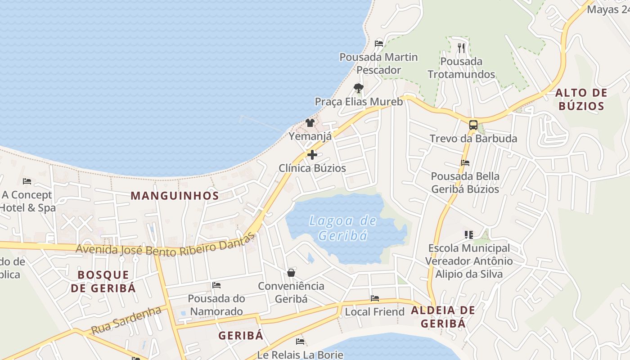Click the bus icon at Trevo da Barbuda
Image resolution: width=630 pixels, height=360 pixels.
[473, 125]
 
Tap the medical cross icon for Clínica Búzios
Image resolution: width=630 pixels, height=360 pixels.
[312, 155]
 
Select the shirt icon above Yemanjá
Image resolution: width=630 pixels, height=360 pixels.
[310, 122]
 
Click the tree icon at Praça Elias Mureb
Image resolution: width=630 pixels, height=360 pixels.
[358, 88]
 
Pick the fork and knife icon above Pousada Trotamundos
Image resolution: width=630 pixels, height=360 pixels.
[461, 48]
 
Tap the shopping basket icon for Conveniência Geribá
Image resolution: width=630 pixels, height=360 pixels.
[291, 273]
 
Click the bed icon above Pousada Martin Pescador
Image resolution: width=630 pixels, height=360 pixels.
[379, 44]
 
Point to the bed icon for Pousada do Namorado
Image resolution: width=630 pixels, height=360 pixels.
[216, 285]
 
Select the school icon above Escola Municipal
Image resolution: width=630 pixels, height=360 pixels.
[469, 234]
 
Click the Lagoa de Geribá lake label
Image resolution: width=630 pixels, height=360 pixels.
[343, 228]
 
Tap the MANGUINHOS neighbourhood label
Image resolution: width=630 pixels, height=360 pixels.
[175, 196]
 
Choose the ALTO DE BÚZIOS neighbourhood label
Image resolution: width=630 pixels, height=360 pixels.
[581, 99]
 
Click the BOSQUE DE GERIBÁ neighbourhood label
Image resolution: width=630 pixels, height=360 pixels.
[103, 281]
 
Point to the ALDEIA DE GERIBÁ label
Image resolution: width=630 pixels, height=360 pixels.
[443, 317]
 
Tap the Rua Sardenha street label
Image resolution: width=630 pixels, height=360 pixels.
[126, 320]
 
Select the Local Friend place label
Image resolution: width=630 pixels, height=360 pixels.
[374, 312]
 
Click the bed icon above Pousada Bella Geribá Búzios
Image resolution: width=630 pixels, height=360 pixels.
[465, 162]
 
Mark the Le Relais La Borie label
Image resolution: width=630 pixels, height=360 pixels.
[300, 355]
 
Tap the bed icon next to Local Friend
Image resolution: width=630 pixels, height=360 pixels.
[374, 298]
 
